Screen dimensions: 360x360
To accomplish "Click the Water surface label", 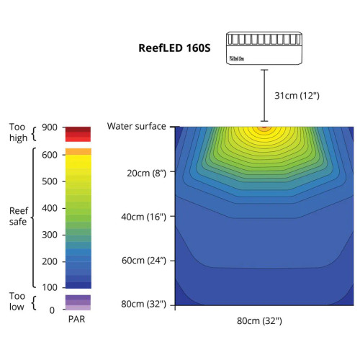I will [137, 127].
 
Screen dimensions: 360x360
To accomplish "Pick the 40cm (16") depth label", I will [142, 216].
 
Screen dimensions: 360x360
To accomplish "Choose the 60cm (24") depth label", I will [142, 260].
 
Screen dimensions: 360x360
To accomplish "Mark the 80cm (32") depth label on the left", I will [142, 304].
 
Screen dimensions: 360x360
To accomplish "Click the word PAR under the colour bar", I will [78, 318].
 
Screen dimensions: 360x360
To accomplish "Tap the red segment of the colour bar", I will [78, 133].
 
